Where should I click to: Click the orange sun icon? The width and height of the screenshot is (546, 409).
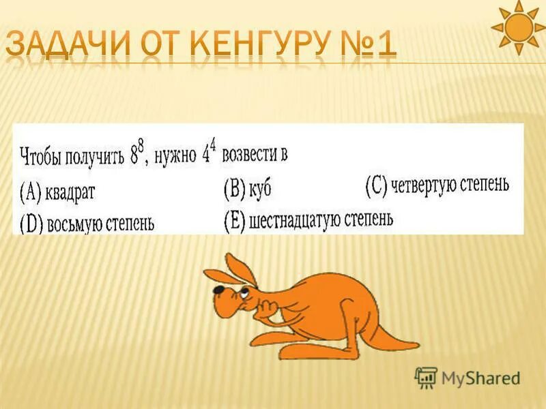coord(521,27)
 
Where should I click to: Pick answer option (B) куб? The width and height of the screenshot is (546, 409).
coord(248,189)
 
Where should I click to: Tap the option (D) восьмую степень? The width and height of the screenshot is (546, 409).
coord(86,224)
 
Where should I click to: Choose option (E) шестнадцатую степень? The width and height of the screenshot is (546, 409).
coord(308,220)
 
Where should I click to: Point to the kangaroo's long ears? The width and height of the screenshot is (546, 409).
coord(239,269)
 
